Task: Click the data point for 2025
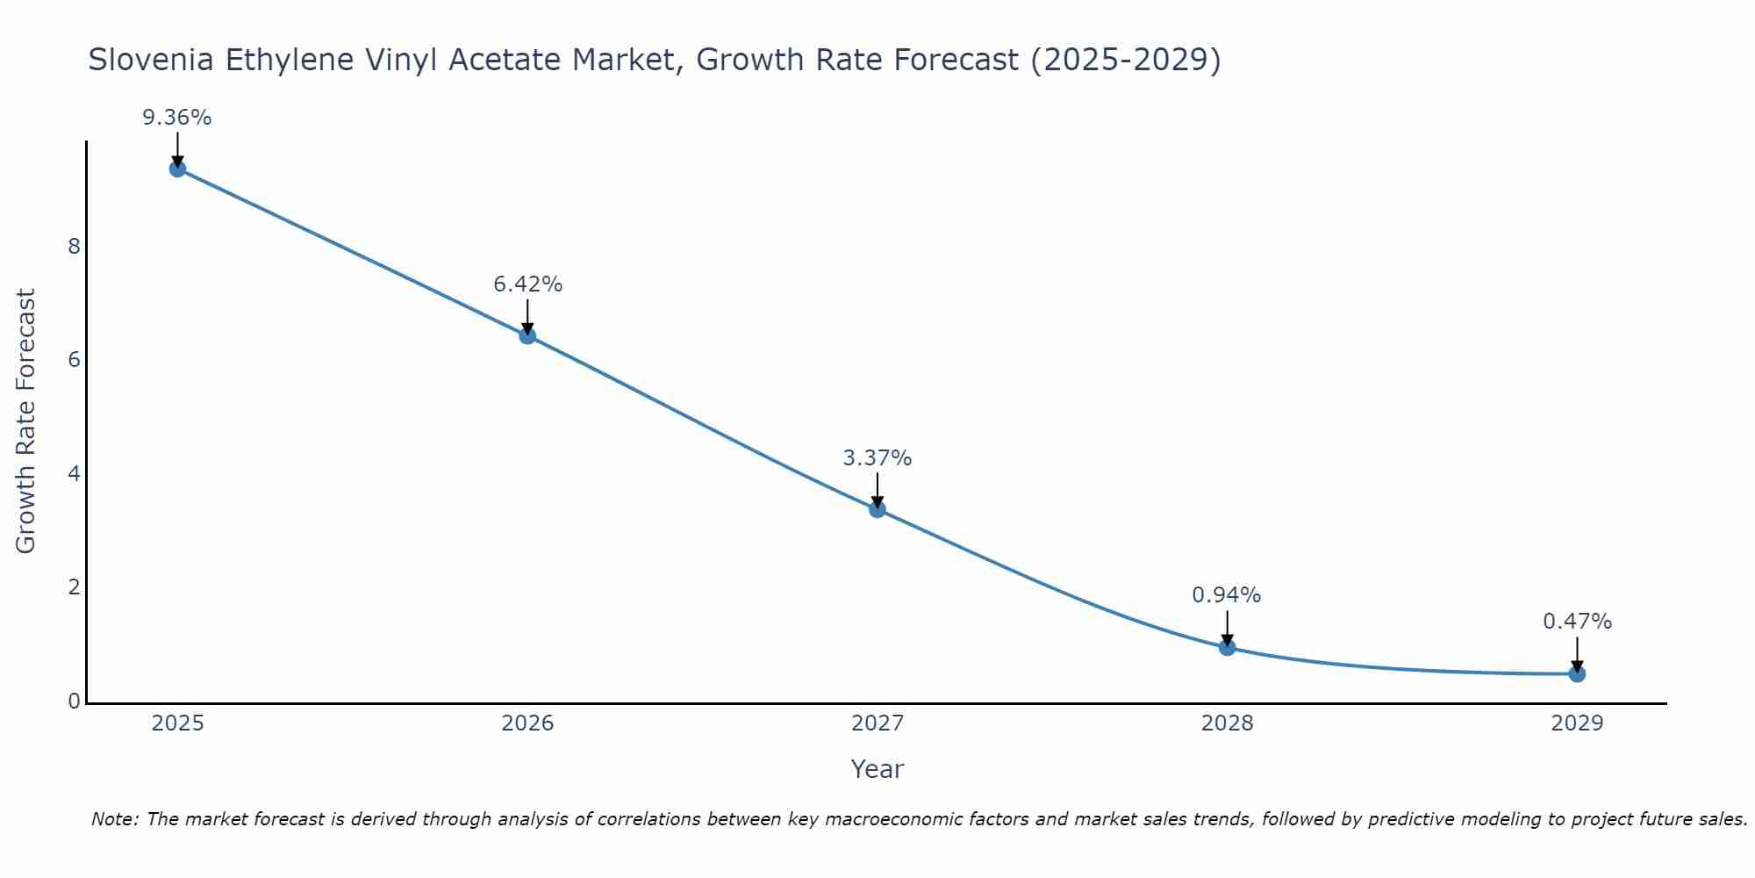(177, 169)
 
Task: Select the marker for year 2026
(527, 335)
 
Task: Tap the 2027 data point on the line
(877, 508)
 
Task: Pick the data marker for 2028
(1227, 647)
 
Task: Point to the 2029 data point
(1577, 673)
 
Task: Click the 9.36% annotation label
(177, 118)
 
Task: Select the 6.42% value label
(527, 284)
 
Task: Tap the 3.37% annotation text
(877, 458)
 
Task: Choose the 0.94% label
(1227, 595)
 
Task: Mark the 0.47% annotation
(1577, 622)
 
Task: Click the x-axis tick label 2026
(527, 723)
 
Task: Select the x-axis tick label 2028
(1227, 723)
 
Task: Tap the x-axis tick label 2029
(1577, 723)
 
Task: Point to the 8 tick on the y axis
(74, 246)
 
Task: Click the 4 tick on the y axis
(74, 474)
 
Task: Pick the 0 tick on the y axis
(74, 702)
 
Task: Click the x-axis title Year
(877, 769)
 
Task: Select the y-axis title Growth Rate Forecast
(26, 421)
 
